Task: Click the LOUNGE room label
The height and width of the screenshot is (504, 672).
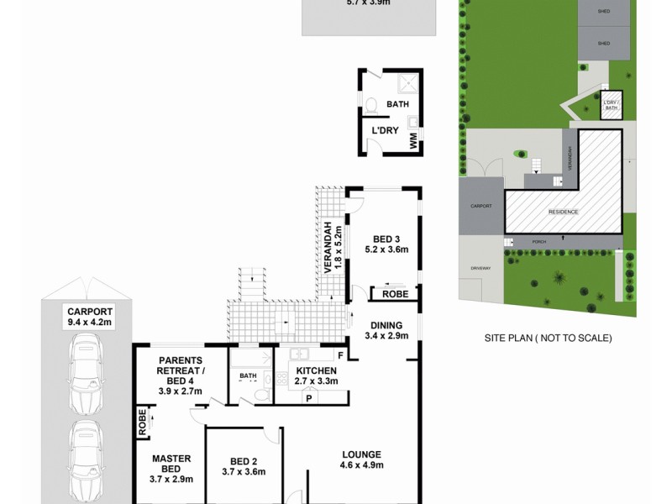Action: (361, 459)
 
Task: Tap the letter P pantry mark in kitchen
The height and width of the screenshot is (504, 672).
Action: (308, 398)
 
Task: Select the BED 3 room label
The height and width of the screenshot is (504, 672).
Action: (386, 244)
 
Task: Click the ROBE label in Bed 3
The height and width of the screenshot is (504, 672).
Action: (395, 294)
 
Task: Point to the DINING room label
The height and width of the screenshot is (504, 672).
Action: (386, 330)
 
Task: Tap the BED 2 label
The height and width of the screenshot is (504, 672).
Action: (242, 465)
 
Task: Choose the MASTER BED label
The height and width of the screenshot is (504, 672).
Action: (172, 469)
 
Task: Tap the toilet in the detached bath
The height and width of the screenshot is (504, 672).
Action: (371, 107)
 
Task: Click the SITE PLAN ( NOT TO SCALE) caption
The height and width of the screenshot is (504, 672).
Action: (548, 338)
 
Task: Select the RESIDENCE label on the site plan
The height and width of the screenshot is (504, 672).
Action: (564, 212)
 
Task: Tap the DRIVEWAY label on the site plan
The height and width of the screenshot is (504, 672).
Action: (480, 269)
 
